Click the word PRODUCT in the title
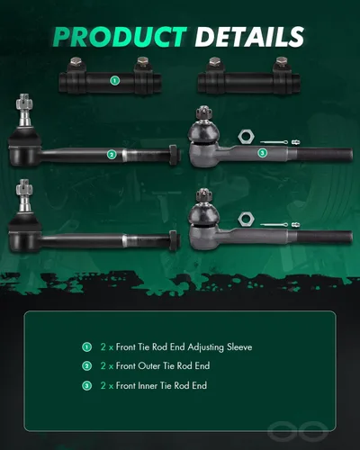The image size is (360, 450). (x=121, y=37)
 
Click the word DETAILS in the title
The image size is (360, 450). (x=249, y=37)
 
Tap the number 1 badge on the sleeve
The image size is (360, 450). (x=114, y=80)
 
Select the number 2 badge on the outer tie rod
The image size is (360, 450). (x=112, y=155)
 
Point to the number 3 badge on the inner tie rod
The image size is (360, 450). (x=263, y=153)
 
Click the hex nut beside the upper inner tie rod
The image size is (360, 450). (x=247, y=137)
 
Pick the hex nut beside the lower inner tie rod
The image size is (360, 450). (x=247, y=220)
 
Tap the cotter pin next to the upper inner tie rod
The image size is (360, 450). (x=274, y=142)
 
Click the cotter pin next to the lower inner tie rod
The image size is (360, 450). (x=274, y=225)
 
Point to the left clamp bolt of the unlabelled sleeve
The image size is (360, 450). (x=214, y=64)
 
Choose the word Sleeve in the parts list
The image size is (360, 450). (x=239, y=347)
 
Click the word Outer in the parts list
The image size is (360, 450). (x=149, y=366)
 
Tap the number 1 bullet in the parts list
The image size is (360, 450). (x=86, y=347)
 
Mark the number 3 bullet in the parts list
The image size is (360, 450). (x=86, y=385)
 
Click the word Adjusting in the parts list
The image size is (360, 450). (x=206, y=347)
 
